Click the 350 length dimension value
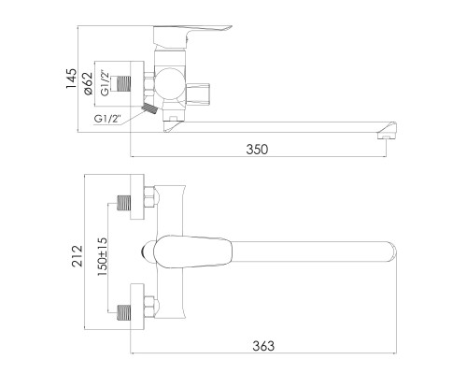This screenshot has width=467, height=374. [x=256, y=148]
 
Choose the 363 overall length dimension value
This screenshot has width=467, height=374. [x=263, y=346]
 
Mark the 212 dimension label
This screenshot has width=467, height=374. [x=78, y=253]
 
